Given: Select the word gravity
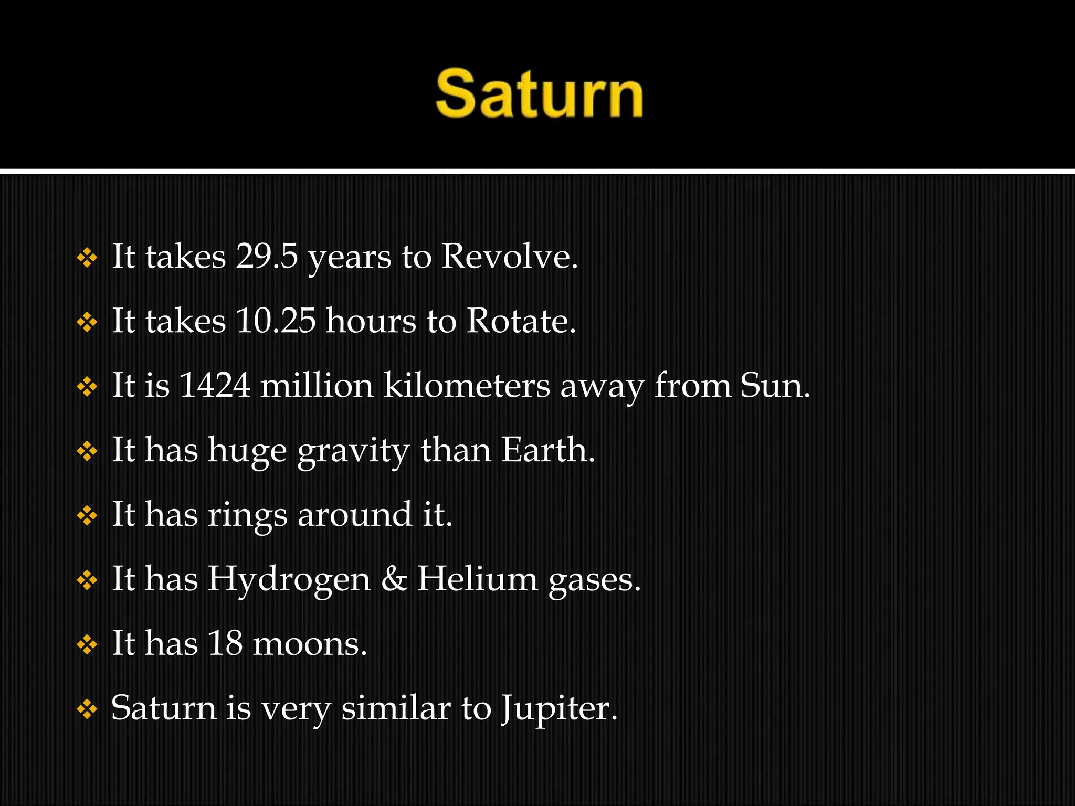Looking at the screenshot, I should tap(353, 451).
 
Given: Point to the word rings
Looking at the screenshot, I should tap(247, 515).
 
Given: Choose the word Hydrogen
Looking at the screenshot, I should tap(289, 580).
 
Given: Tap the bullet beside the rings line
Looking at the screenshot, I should tap(87, 516).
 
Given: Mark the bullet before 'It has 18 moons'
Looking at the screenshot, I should tap(87, 644).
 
